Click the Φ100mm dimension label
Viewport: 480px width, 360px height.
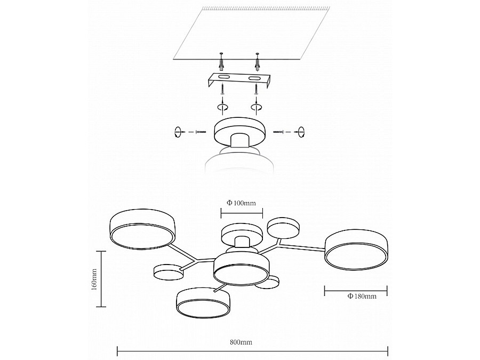tap(241, 203)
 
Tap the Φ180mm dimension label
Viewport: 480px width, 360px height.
tap(362, 296)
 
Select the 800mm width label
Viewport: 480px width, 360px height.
tap(241, 342)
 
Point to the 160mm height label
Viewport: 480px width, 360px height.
tap(94, 279)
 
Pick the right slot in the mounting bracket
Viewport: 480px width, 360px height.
tap(254, 79)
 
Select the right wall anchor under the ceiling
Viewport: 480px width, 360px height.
tap(258, 62)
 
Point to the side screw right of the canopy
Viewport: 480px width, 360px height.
tap(279, 132)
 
